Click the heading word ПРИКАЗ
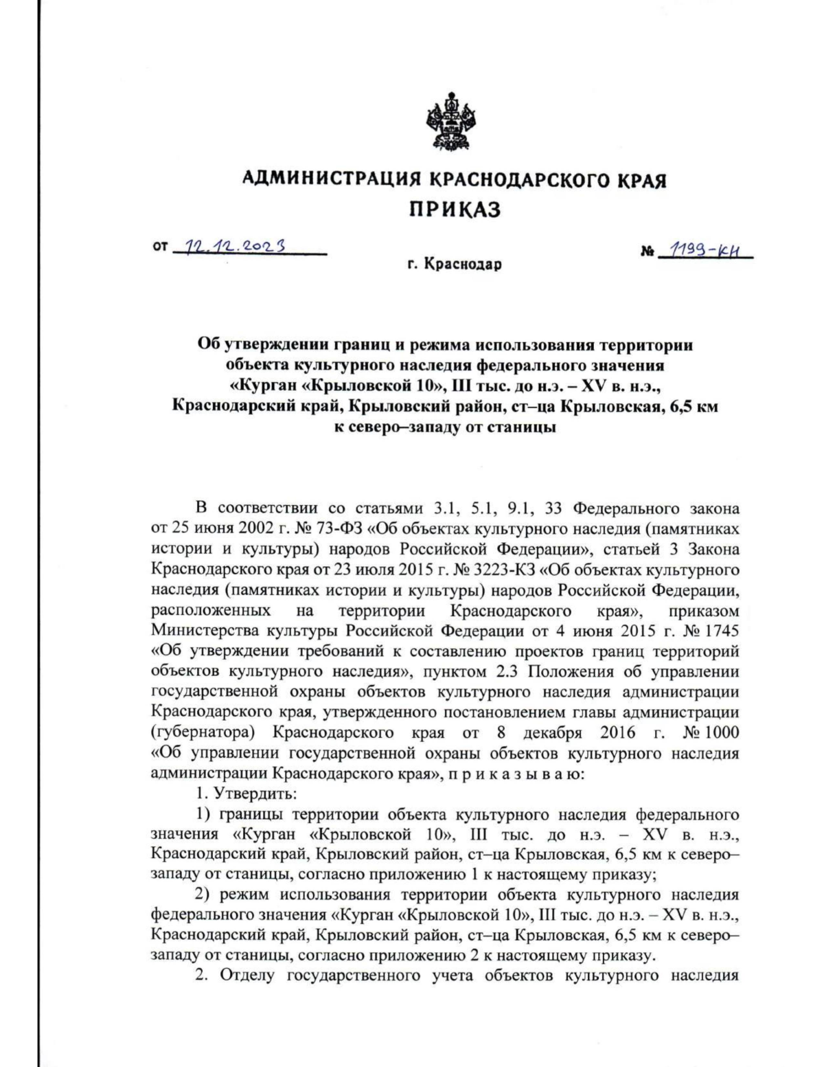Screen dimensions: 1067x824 pos(455,210)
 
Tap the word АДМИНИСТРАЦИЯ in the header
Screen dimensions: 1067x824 pos(332,181)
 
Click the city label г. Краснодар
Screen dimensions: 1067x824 pos(455,265)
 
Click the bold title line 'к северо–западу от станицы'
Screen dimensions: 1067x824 pos(444,426)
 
